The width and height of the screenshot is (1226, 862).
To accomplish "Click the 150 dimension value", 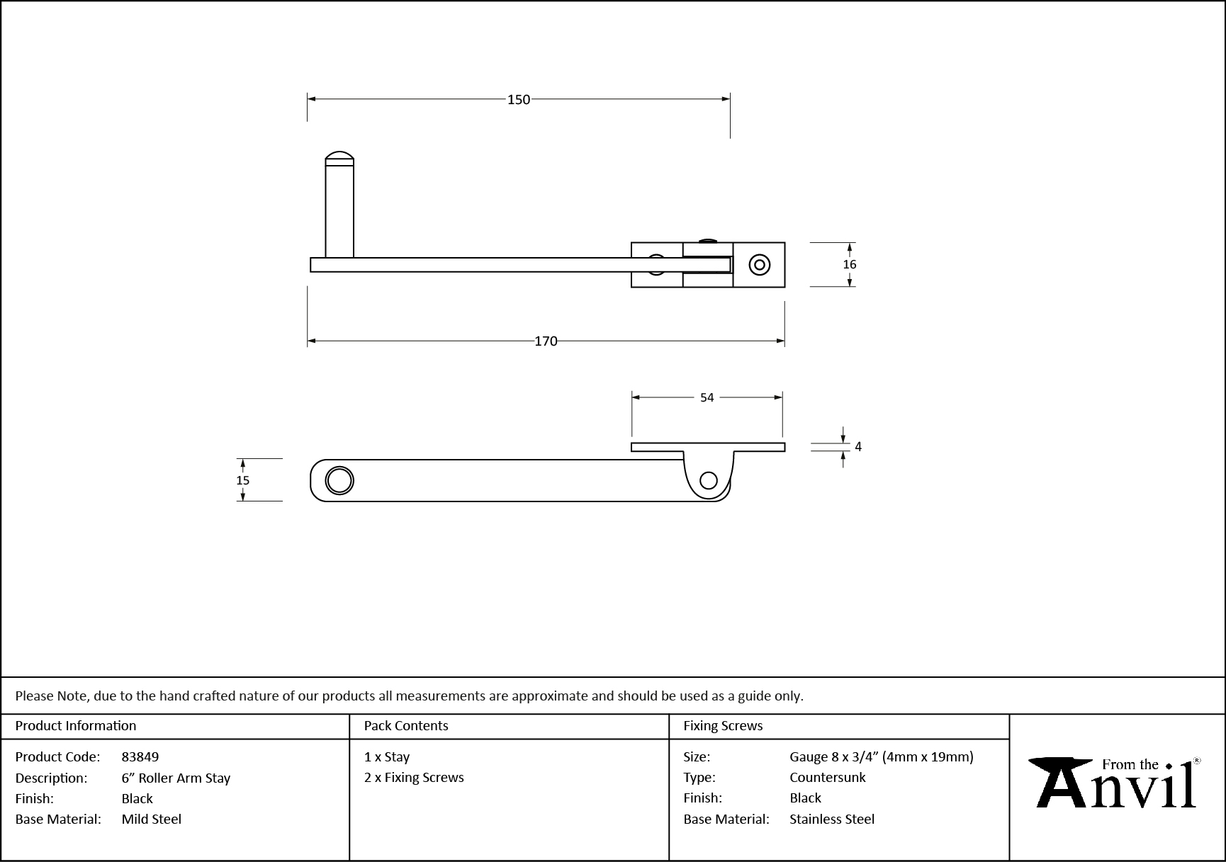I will pyautogui.click(x=518, y=100).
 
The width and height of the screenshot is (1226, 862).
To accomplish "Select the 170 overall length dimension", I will pyautogui.click(x=546, y=341).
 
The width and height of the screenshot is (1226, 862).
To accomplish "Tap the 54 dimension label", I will pyautogui.click(x=707, y=398).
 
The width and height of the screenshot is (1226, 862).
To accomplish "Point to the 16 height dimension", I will pyautogui.click(x=849, y=265).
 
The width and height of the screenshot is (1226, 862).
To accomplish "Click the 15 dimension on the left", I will pyautogui.click(x=242, y=480).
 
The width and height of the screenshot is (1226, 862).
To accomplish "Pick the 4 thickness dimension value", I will pyautogui.click(x=858, y=447).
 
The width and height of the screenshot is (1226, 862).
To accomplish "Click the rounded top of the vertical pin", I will pyautogui.click(x=339, y=157).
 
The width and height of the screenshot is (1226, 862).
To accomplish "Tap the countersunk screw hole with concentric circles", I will pyautogui.click(x=760, y=266).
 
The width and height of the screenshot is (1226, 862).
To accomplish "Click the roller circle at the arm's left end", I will pyautogui.click(x=339, y=481).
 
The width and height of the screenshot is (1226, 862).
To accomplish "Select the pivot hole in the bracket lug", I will pyautogui.click(x=708, y=481).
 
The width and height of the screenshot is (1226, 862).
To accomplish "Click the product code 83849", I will pyautogui.click(x=140, y=757).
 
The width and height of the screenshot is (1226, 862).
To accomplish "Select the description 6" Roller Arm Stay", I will pyautogui.click(x=176, y=778).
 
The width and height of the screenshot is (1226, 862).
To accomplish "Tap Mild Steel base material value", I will pyautogui.click(x=152, y=820).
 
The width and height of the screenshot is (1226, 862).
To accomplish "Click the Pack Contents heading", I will pyautogui.click(x=406, y=726).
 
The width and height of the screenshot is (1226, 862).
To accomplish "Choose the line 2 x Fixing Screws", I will pyautogui.click(x=414, y=778).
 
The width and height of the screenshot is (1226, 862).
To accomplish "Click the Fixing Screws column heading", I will pyautogui.click(x=723, y=726).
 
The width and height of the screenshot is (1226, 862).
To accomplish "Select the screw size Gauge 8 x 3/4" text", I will pyautogui.click(x=881, y=757).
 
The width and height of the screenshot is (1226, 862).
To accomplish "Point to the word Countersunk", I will pyautogui.click(x=828, y=778).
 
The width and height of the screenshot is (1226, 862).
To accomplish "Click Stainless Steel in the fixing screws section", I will pyautogui.click(x=832, y=820).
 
